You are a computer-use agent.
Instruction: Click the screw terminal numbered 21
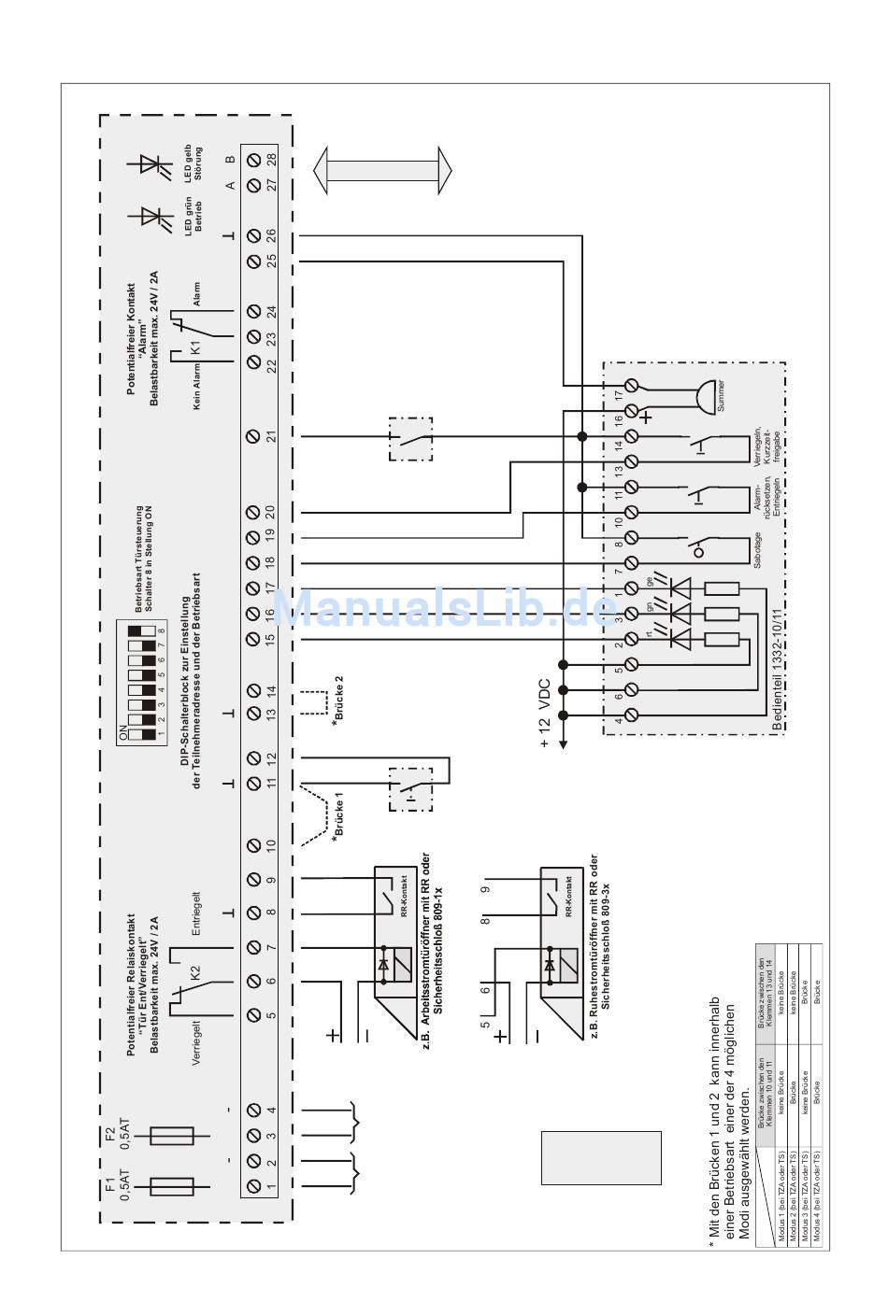pos(252,435)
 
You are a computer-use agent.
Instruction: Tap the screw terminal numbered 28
pos(252,161)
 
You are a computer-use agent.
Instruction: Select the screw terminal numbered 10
pos(252,844)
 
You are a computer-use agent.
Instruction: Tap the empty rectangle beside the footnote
pos(601,1159)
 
